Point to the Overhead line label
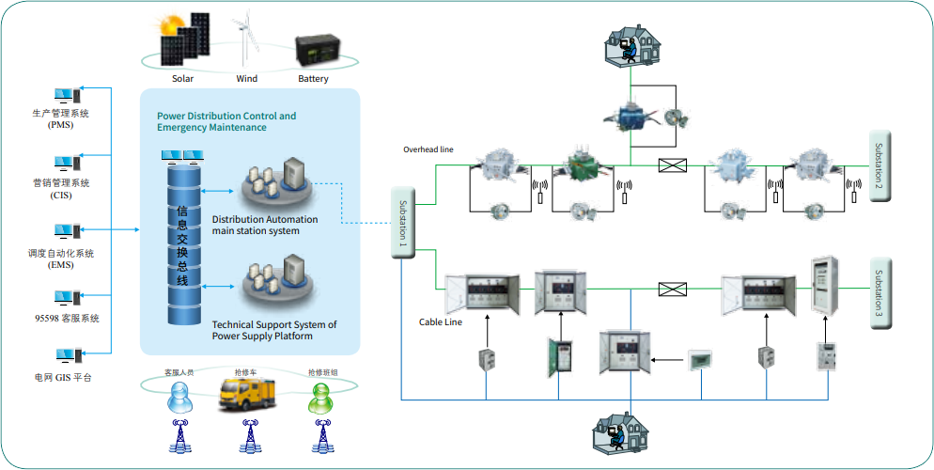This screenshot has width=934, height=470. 428,149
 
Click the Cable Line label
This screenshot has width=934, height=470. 440,322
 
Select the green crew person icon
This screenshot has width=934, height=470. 322,398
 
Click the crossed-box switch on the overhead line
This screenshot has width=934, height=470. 673,165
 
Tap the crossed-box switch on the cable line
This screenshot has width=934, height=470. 673,289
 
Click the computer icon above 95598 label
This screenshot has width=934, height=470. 67,299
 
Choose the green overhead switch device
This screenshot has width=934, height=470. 588,165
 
